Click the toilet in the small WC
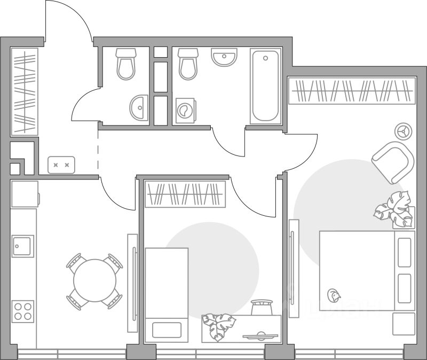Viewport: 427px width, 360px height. click(x=125, y=64)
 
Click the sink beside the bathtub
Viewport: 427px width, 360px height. click(x=224, y=57)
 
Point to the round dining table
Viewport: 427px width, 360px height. click(x=94, y=281)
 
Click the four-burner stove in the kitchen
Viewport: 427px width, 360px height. click(x=23, y=311)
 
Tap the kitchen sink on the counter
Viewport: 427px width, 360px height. click(x=23, y=246)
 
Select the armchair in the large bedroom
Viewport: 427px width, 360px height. click(x=393, y=162)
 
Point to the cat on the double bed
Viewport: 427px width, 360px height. click(x=334, y=294)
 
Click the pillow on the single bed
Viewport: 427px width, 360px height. click(x=167, y=328)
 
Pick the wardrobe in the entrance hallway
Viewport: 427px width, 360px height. click(x=25, y=91)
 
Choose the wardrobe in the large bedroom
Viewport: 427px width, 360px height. click(x=352, y=91)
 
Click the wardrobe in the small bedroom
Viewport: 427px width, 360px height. click(x=185, y=194)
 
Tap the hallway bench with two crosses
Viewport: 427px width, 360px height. click(x=61, y=165)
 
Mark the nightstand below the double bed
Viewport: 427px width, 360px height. click(x=404, y=324)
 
